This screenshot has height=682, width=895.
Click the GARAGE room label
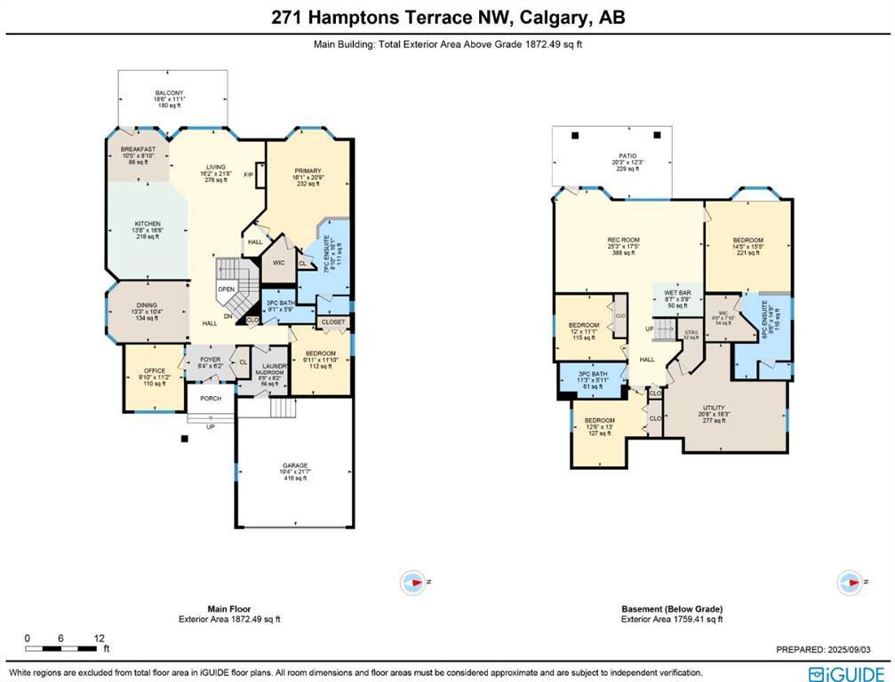294,464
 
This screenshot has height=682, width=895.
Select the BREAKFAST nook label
138,149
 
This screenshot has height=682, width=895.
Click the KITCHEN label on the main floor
147,224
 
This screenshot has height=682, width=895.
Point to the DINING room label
147,305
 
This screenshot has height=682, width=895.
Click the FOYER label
210,360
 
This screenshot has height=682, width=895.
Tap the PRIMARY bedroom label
308,170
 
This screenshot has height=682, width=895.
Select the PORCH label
211,398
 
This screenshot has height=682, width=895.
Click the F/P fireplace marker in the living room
248,174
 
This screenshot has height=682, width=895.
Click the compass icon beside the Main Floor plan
414,582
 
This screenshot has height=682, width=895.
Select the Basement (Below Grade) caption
671,609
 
